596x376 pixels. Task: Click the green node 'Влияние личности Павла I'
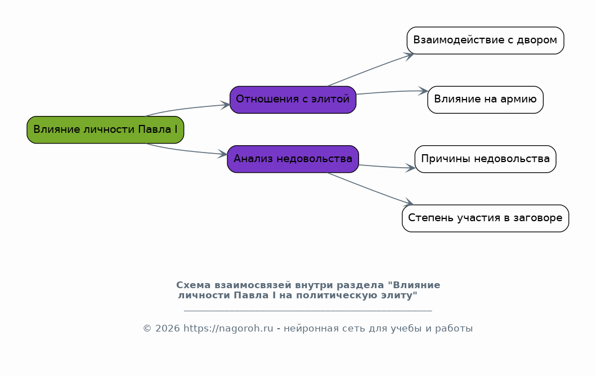pos(105,129)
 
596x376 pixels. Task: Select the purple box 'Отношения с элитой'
pos(293,100)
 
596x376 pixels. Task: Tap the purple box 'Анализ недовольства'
pos(293,159)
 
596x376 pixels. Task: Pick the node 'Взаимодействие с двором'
pos(485,41)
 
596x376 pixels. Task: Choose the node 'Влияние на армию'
pos(485,100)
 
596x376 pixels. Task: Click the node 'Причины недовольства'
pos(485,159)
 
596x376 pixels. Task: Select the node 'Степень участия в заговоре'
pos(485,218)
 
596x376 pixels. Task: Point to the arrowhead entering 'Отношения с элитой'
pos(226,105)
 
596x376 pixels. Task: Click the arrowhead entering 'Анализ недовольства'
pos(223,154)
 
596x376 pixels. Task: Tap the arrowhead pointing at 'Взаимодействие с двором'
pos(409,56)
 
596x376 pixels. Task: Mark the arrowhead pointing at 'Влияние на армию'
pos(423,91)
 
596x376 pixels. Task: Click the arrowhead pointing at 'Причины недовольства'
pos(410,168)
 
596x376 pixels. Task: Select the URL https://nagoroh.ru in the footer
pos(228,329)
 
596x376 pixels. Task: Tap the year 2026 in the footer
pos(167,329)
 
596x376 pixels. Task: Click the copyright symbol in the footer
pos(147,329)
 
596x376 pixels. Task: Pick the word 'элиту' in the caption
pos(400,296)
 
